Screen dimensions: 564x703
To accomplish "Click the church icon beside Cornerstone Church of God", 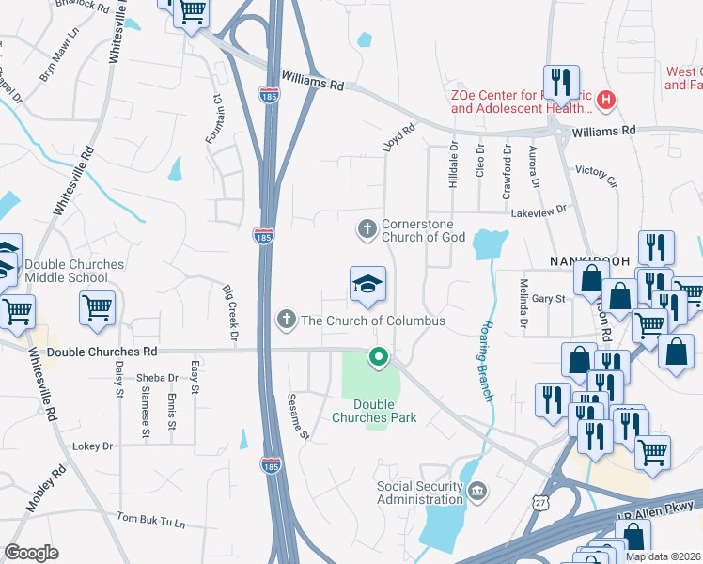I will (x=367, y=228).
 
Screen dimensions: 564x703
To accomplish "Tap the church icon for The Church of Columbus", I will (x=287, y=321).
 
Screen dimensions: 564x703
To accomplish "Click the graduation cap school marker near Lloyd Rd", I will (x=367, y=285).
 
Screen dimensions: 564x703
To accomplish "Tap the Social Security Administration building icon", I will (x=477, y=491).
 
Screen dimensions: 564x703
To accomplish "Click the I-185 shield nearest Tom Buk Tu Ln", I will (x=271, y=466).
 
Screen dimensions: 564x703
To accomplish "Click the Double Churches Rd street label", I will (x=102, y=352).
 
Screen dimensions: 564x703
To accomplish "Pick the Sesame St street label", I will (x=298, y=415).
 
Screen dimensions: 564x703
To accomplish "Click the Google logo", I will (x=31, y=553).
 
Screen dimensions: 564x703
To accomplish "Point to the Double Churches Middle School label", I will (x=74, y=271).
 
